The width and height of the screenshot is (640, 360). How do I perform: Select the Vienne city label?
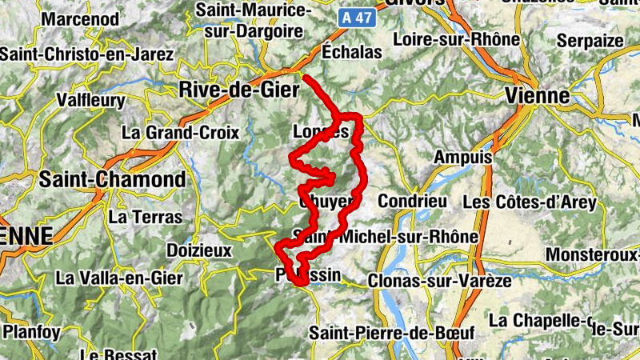pos(537,96)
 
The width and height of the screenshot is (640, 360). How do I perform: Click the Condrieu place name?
pos(412,201)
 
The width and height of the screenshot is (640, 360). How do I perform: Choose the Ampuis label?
pos(462,158)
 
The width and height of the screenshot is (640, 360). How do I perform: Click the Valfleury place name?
pos(91,101)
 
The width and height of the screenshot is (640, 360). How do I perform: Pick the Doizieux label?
pos(198,250)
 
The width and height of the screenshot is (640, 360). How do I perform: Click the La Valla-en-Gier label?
pos(119,278)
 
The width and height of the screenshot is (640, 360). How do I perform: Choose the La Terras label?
pos(145,216)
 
